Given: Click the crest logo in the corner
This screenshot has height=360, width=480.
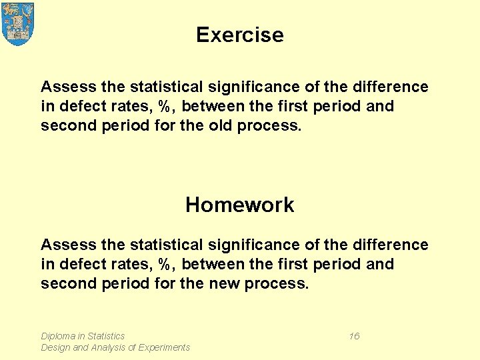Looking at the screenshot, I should [18, 23].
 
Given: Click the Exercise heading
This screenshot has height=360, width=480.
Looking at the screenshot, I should [240, 35].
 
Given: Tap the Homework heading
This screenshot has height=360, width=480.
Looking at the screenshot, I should [239, 205].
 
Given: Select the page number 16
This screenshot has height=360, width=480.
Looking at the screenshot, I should [354, 336].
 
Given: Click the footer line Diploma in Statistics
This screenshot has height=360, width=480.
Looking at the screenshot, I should [83, 336].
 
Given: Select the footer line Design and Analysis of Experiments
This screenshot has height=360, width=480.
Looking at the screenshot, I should [115, 347].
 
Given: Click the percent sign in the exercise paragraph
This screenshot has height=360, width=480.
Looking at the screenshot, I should [165, 106].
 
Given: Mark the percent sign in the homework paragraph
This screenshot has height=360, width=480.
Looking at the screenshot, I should [165, 264].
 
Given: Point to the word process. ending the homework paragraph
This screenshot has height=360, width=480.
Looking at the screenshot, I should [277, 283].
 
